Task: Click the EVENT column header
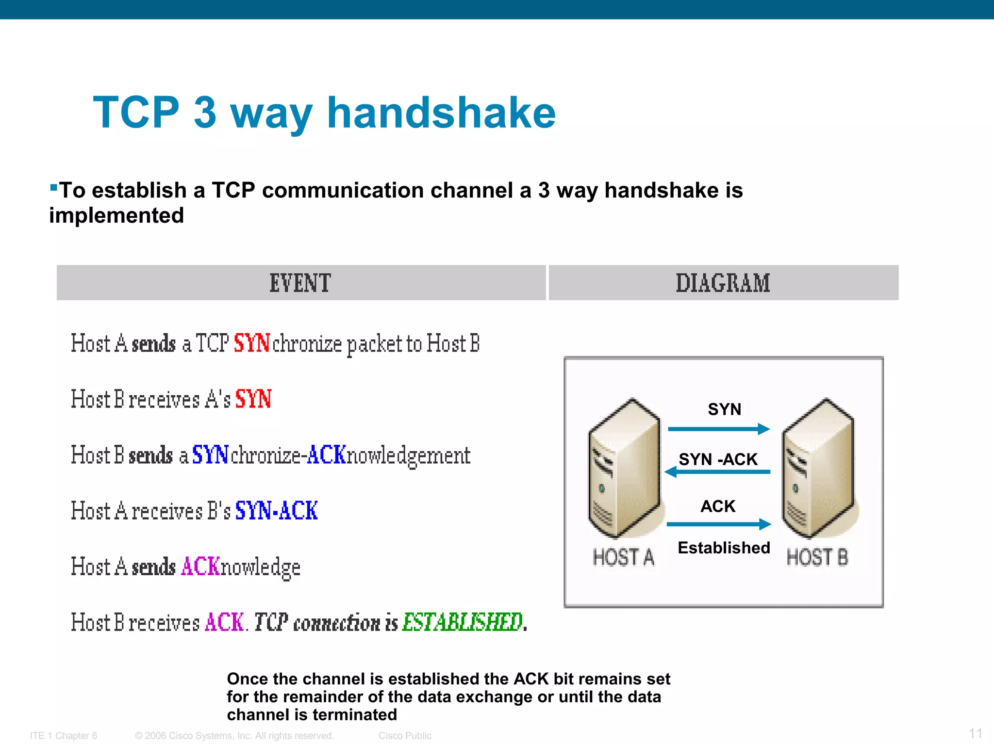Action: click(300, 283)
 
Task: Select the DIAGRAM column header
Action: click(723, 283)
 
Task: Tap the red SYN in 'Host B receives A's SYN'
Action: click(253, 399)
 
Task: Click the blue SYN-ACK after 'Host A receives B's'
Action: click(276, 511)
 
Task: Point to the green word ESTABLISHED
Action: click(463, 622)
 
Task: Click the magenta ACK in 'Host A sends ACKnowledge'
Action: click(200, 567)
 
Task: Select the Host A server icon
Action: click(624, 468)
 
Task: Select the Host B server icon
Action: click(818, 468)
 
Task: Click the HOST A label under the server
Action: click(624, 557)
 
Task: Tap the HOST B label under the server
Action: click(817, 557)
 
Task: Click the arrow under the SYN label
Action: click(719, 429)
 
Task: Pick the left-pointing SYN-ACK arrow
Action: click(718, 471)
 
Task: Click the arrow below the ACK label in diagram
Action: click(719, 524)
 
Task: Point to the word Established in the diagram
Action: click(724, 548)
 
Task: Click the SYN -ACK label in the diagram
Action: click(718, 459)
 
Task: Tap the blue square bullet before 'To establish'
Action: click(53, 187)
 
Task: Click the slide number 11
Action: click(976, 733)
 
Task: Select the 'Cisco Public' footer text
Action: click(405, 736)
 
